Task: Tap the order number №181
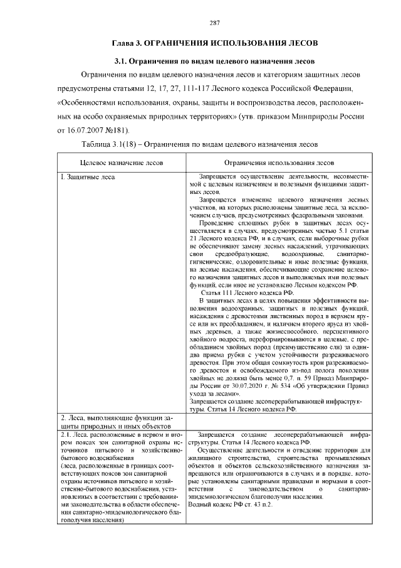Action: point(117,131)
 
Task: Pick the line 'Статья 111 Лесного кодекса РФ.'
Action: point(246,292)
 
